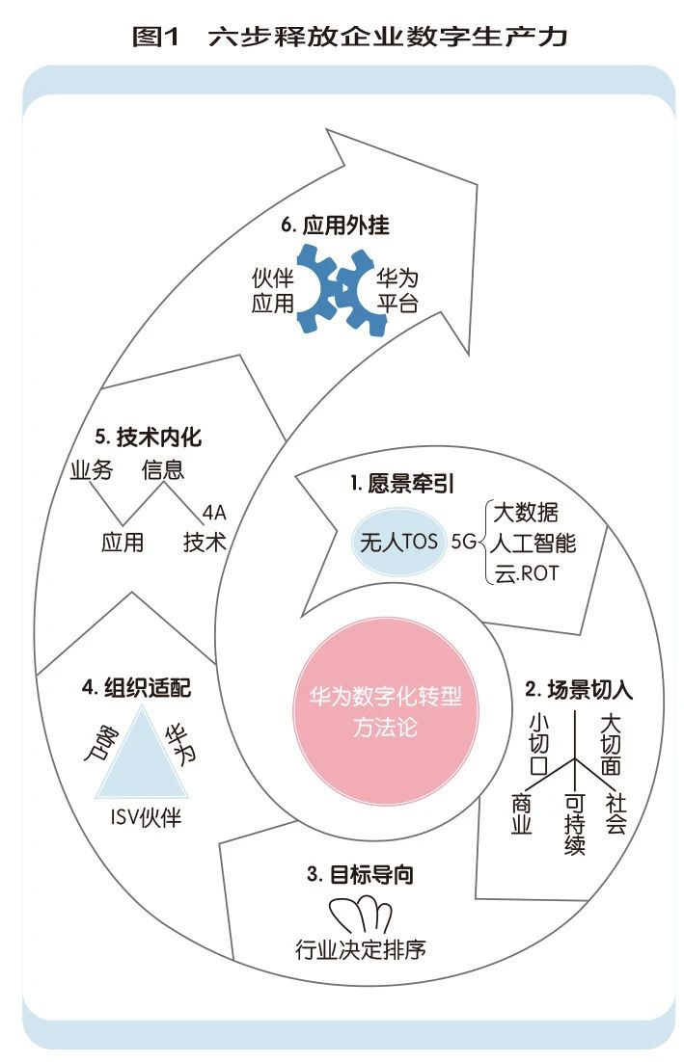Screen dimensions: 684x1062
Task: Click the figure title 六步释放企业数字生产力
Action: click(387, 36)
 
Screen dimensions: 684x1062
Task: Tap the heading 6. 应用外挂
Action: click(335, 225)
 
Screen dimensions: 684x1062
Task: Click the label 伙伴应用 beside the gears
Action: click(272, 291)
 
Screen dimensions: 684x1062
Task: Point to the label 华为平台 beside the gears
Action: click(397, 291)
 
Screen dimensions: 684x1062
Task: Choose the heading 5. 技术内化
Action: click(148, 437)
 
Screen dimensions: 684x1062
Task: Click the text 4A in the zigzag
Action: click(214, 513)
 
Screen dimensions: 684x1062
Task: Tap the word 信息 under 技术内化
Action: click(163, 469)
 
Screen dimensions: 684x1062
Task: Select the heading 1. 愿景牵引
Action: click(402, 483)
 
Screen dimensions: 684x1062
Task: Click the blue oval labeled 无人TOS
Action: click(398, 542)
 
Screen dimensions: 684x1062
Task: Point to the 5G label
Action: click(464, 542)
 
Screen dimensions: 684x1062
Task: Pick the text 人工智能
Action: click(533, 543)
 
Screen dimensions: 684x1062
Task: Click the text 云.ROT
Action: click(526, 573)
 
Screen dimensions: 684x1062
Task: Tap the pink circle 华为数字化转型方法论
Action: click(385, 711)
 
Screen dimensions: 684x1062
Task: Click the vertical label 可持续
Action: click(574, 824)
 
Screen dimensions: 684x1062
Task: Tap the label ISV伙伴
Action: click(146, 817)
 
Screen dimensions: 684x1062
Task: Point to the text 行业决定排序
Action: click(360, 949)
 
